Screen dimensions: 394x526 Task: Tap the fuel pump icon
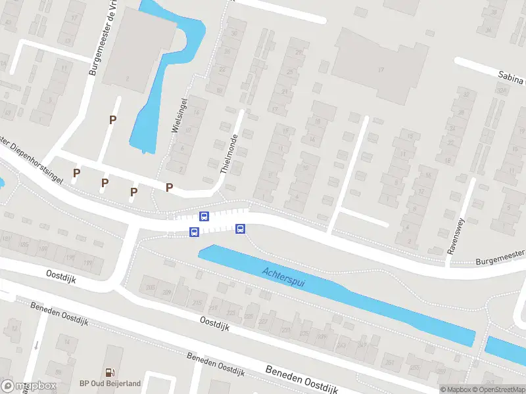click(110, 372)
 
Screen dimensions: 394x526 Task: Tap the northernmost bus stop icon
click(204, 216)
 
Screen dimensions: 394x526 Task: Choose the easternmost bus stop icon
click(240, 229)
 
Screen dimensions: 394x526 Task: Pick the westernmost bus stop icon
click(194, 232)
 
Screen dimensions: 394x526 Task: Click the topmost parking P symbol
click(113, 120)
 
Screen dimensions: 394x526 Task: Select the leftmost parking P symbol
click(77, 173)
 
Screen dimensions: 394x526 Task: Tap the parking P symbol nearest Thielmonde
click(169, 187)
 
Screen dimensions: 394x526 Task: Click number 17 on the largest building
click(380, 70)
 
